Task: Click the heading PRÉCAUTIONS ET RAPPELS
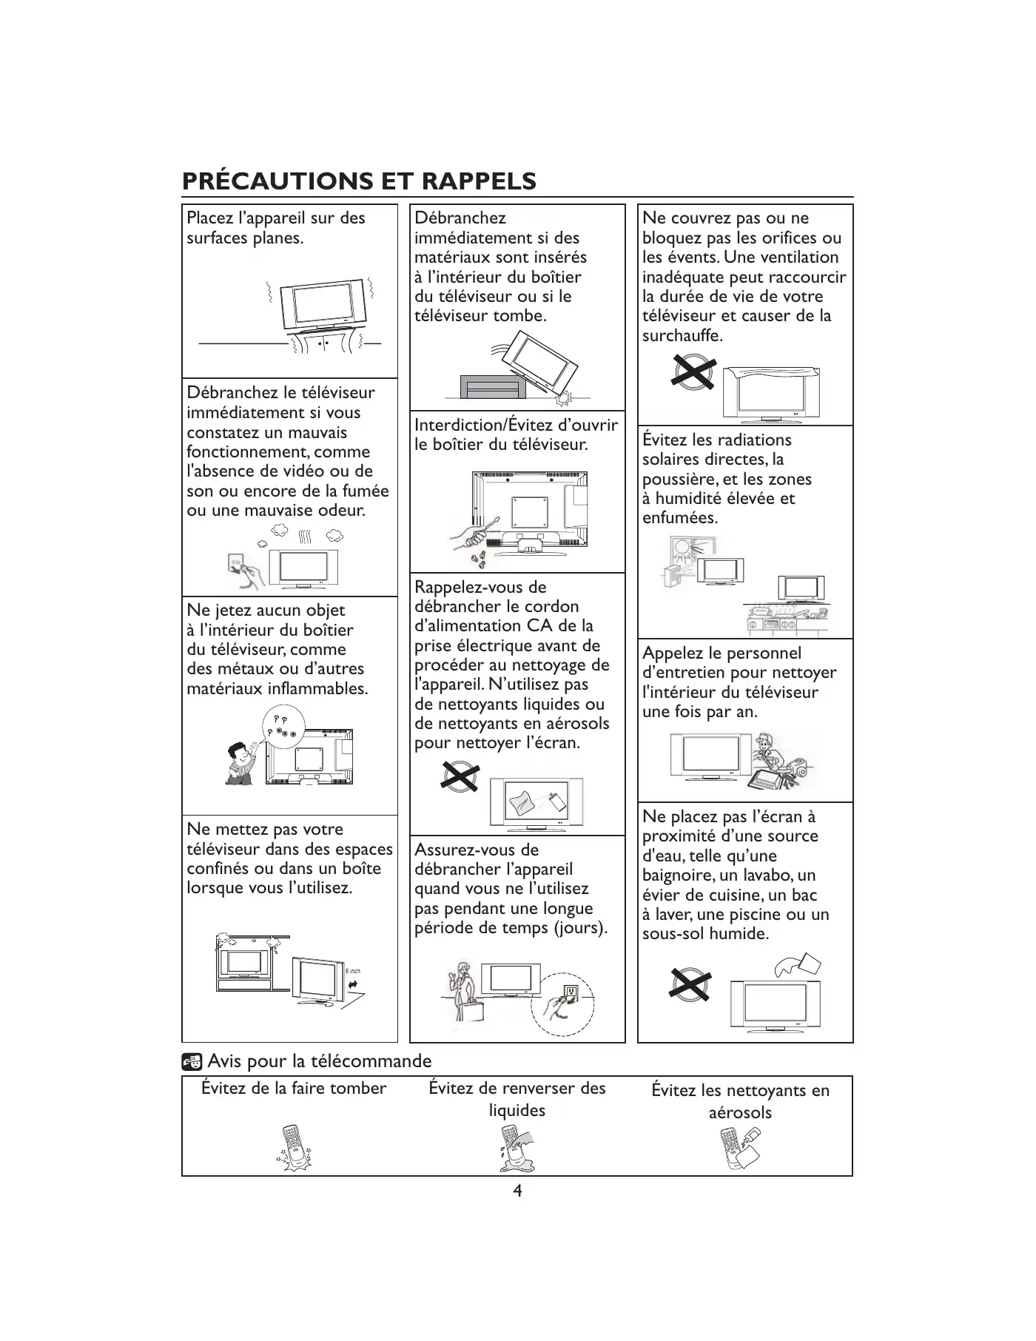pos(359,181)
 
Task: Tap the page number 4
pos(517,1191)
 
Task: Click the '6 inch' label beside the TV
pos(353,971)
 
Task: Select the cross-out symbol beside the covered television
pos(693,372)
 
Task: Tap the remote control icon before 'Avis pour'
pos(192,1062)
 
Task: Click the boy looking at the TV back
pos(241,763)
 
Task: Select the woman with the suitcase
pos(463,992)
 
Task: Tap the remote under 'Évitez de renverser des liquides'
pos(517,1149)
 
